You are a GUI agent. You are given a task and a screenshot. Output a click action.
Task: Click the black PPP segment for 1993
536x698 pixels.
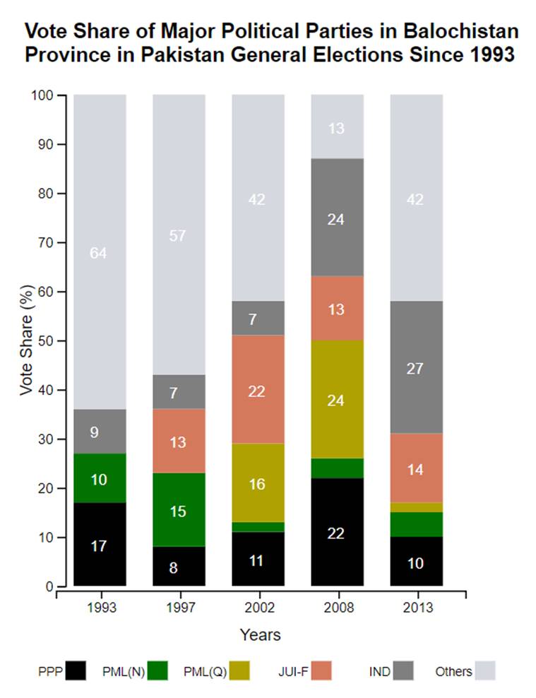(100, 544)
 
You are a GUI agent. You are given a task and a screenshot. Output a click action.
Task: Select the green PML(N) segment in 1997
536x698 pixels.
(179, 509)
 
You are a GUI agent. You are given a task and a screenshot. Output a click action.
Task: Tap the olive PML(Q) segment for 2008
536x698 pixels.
(337, 399)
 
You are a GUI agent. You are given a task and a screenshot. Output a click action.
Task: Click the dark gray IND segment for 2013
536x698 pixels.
(416, 367)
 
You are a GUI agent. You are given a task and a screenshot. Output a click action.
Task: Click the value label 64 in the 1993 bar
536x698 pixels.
(100, 253)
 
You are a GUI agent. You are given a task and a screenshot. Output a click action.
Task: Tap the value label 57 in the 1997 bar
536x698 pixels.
(179, 235)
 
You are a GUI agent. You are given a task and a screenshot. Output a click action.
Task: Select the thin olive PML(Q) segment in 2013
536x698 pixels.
(416, 507)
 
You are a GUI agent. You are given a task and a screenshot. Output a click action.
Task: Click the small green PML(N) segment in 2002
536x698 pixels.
(258, 526)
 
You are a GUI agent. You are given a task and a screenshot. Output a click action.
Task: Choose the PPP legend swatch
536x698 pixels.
(76, 670)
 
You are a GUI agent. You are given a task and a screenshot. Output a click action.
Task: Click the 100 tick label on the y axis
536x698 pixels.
(43, 95)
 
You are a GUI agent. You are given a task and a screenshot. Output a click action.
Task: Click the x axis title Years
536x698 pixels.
(260, 634)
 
